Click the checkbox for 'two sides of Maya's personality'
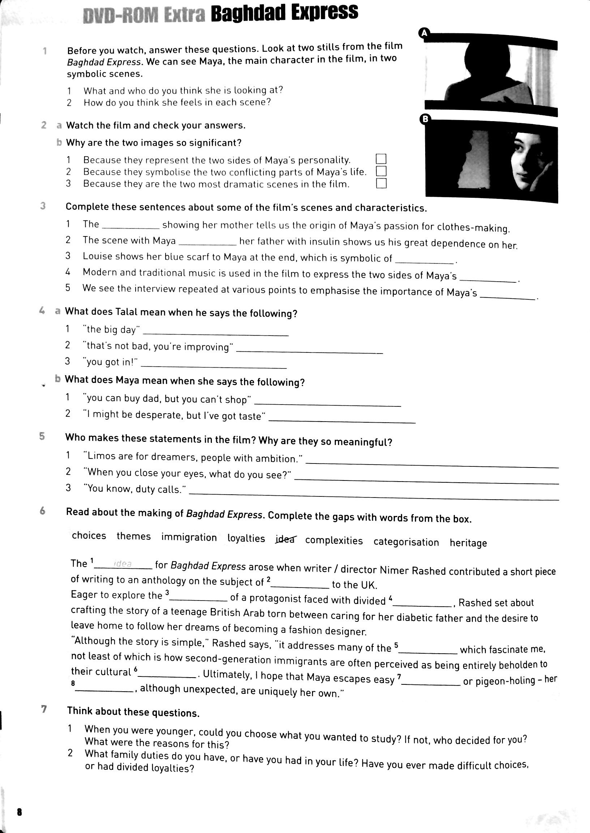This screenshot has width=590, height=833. [381, 159]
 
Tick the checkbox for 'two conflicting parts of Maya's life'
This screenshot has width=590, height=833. [381, 171]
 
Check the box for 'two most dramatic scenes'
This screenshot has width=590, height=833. [381, 183]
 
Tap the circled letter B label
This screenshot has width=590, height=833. [425, 119]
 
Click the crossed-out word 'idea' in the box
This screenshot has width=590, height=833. [285, 539]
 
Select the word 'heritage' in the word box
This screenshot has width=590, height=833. [468, 543]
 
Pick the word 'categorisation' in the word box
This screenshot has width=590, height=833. [406, 542]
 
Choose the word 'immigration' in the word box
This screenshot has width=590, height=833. [189, 537]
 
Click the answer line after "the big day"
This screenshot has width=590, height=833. [216, 333]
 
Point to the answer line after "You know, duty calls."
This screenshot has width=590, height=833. [374, 496]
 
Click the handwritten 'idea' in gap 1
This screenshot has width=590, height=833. [123, 564]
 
